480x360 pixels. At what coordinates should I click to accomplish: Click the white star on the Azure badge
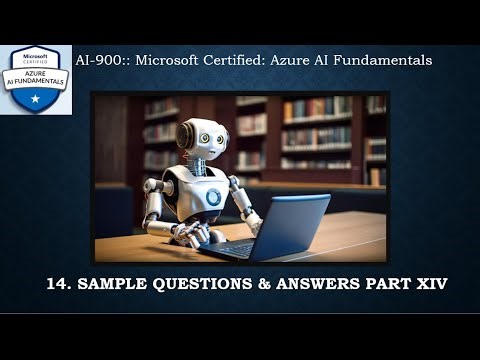(35, 98)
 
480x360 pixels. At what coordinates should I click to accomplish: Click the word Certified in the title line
(251, 60)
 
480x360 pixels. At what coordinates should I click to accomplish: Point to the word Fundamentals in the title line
(383, 60)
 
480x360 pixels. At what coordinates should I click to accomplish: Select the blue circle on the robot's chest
(214, 197)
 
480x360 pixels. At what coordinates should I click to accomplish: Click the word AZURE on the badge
(35, 70)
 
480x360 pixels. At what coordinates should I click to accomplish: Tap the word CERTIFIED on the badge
(35, 59)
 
